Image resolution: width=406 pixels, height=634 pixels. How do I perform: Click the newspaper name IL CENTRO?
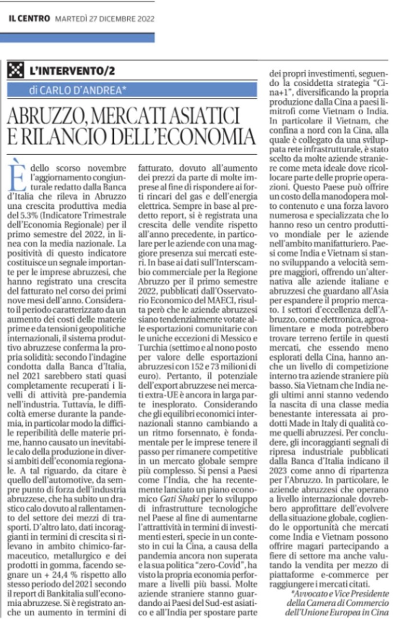point(29,19)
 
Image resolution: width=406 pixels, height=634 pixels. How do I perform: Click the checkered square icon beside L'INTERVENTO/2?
point(16,71)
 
